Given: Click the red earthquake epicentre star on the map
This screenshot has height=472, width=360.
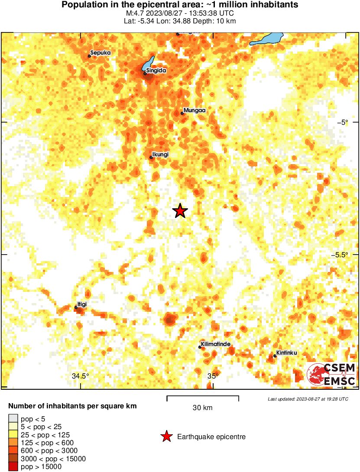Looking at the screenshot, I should pyautogui.click(x=180, y=211).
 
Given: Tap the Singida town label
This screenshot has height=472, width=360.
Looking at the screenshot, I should pyautogui.click(x=156, y=70).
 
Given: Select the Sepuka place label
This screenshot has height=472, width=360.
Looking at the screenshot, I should pyautogui.click(x=101, y=53).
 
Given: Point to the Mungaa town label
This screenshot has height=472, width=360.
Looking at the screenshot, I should pyautogui.click(x=194, y=110).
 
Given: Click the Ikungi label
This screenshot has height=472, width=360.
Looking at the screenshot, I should pyautogui.click(x=160, y=154).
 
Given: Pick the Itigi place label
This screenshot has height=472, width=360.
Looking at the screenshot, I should pyautogui.click(x=82, y=304).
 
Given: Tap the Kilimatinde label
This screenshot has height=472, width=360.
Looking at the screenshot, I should pyautogui.click(x=215, y=345).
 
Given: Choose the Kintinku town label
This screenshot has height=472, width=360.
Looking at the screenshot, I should pyautogui.click(x=286, y=353).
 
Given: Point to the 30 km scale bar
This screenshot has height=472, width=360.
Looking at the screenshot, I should pyautogui.click(x=203, y=397).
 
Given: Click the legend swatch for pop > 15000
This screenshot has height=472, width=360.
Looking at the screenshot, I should pyautogui.click(x=13, y=467).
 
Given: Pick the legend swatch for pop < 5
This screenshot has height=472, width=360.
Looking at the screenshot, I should pyautogui.click(x=13, y=418).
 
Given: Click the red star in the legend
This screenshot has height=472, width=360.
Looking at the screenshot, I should pyautogui.click(x=166, y=437).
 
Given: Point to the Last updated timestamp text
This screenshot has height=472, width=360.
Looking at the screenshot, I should pyautogui.click(x=308, y=399).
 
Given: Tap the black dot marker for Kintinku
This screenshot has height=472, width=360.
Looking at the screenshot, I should pyautogui.click(x=275, y=356).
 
